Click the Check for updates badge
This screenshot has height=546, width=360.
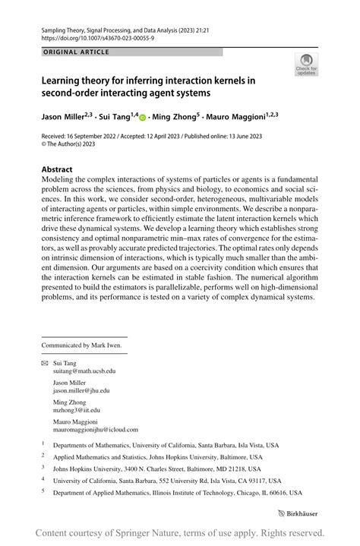coord(306,65)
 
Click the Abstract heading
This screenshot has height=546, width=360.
coord(57,169)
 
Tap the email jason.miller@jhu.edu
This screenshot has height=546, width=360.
coord(81,390)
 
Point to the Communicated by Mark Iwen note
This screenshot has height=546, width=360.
coord(81,345)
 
